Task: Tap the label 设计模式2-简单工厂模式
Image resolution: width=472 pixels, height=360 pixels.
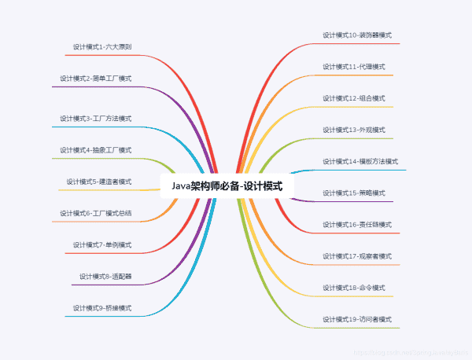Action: click(95, 79)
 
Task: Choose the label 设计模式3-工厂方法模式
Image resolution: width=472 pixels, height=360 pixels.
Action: click(95, 119)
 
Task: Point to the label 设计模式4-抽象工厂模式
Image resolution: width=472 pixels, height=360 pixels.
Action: click(95, 150)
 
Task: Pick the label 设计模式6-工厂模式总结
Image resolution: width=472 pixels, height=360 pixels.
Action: click(95, 213)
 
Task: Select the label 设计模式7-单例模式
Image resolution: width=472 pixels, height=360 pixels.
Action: click(101, 244)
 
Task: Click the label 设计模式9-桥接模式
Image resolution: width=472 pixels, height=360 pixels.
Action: click(101, 307)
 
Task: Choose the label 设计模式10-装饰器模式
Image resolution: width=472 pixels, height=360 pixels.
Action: click(357, 35)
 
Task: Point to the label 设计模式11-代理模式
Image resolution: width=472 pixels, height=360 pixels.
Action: click(353, 67)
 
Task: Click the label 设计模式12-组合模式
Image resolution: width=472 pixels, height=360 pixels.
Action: click(353, 98)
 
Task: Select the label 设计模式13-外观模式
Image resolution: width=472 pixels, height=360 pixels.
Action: click(353, 130)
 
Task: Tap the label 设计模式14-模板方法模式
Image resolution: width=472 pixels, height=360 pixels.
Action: click(360, 161)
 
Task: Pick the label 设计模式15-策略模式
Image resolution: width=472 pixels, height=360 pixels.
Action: click(353, 193)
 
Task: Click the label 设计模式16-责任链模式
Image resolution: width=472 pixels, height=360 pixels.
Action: click(357, 225)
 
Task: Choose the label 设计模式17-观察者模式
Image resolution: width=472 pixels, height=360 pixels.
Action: click(357, 256)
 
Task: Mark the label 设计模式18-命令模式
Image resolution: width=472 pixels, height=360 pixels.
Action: click(353, 288)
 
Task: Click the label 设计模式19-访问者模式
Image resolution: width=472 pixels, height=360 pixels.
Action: click(357, 319)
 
